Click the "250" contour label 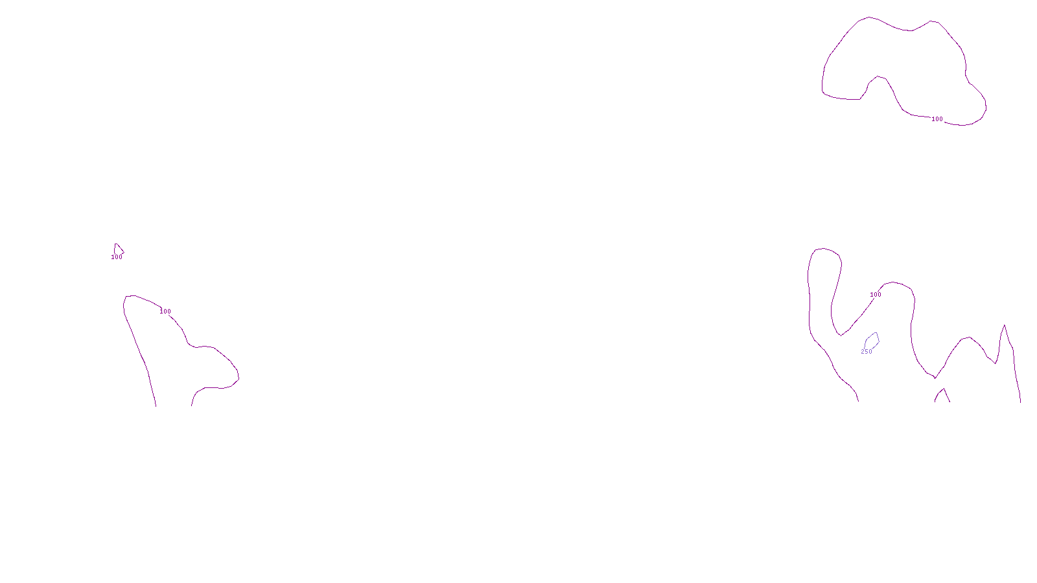[867, 352]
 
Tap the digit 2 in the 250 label [863, 352]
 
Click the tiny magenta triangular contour [118, 249]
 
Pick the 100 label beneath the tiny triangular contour [117, 257]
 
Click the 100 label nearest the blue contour [876, 295]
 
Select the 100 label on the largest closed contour [937, 119]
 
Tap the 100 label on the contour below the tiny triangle [165, 312]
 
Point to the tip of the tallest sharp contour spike [1005, 325]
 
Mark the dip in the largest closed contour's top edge [912, 30]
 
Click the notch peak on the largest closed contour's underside [878, 76]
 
